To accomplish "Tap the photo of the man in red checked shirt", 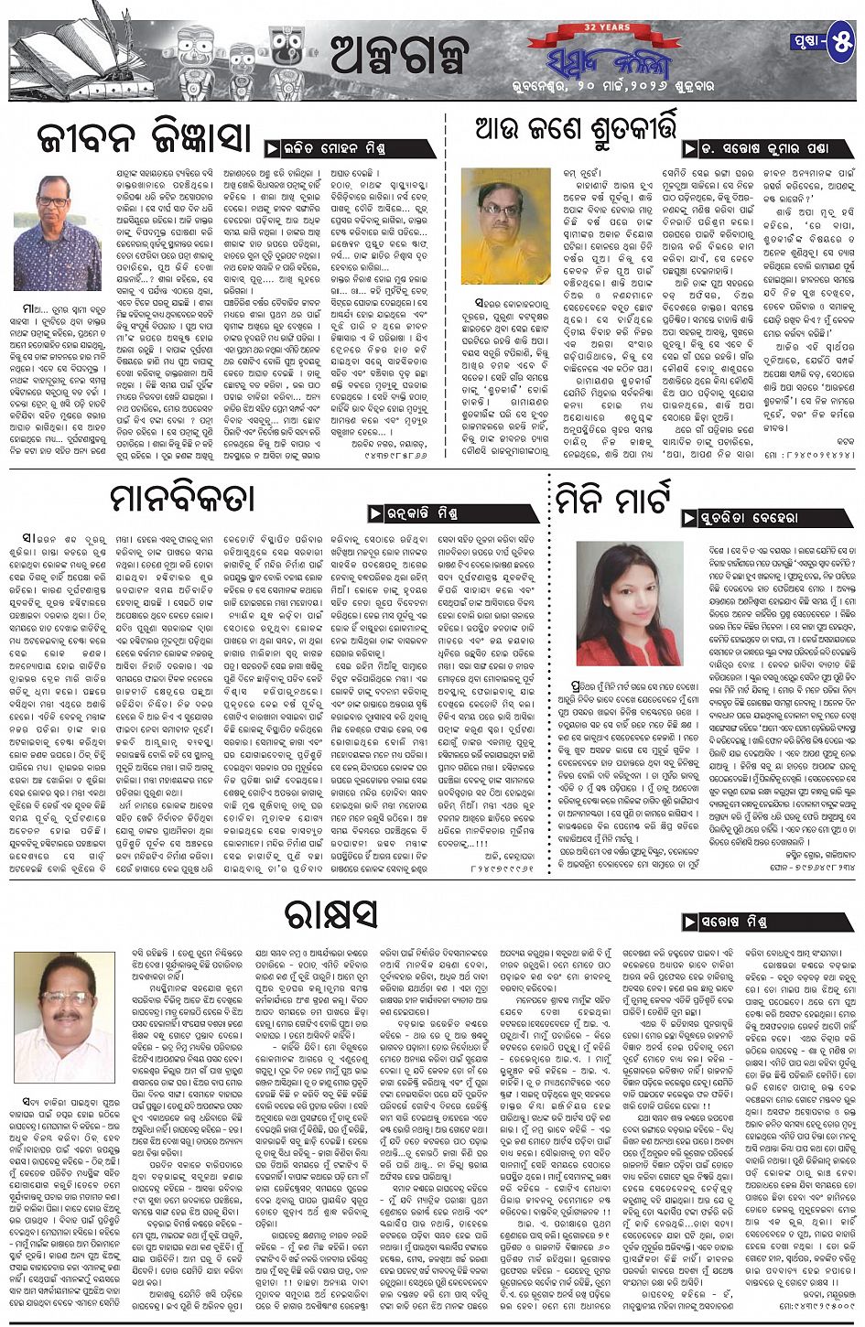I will (x=58, y=232).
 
